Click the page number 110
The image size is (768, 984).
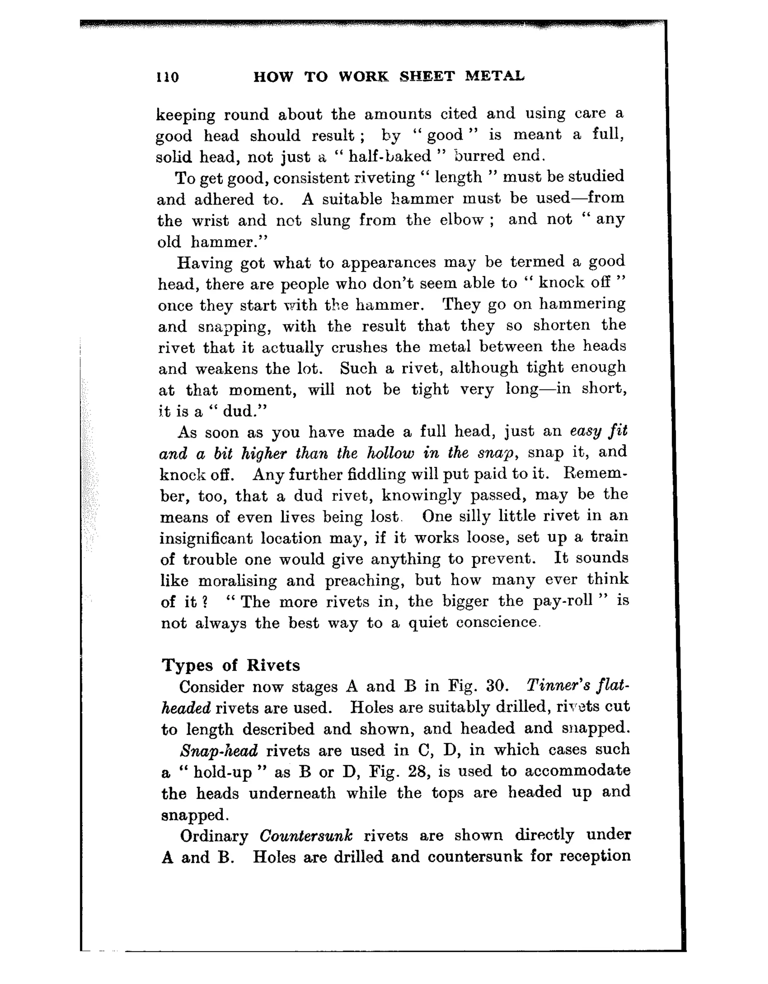(x=167, y=77)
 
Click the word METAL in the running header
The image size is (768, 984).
(x=495, y=76)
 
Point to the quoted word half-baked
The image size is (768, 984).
(x=390, y=156)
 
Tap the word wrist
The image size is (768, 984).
(x=210, y=220)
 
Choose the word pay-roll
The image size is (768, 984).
(x=562, y=602)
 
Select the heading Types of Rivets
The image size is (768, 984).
(x=231, y=666)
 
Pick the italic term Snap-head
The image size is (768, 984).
(x=219, y=751)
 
